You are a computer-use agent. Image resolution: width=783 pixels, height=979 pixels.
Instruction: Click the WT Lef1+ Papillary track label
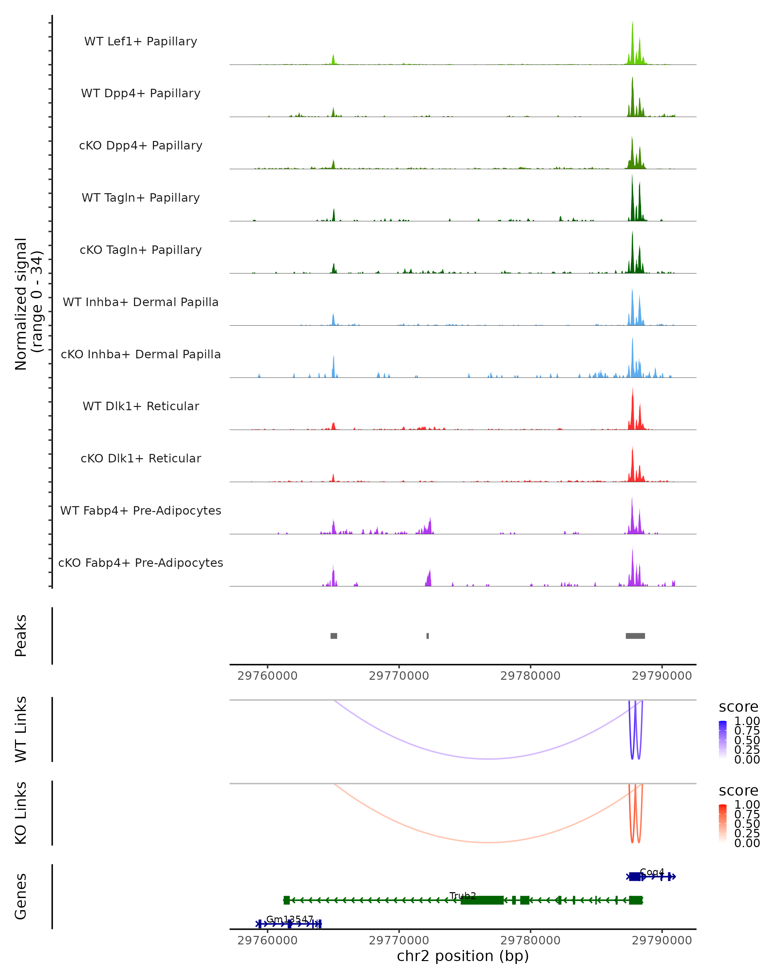click(x=141, y=41)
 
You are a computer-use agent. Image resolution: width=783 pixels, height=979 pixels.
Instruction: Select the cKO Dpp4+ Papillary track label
click(x=141, y=145)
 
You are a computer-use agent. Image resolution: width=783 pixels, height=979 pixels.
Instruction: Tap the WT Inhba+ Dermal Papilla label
click(x=141, y=302)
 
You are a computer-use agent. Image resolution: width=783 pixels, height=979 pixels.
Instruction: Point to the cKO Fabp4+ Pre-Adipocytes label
click(x=141, y=563)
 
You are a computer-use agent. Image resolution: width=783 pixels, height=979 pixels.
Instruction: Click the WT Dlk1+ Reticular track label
click(x=141, y=406)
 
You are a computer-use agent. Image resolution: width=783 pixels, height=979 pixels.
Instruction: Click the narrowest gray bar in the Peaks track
click(x=428, y=636)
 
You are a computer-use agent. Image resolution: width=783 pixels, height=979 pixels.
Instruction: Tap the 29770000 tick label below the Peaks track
click(x=399, y=676)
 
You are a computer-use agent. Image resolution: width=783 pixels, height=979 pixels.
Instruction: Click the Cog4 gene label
click(x=652, y=872)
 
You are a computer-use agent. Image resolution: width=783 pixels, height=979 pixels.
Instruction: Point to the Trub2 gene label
click(x=463, y=895)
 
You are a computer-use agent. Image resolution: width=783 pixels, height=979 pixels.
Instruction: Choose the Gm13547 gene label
click(x=290, y=919)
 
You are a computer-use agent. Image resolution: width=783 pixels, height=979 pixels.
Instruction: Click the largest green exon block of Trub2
click(x=482, y=900)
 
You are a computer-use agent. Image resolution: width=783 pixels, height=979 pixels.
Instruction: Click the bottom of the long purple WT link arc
click(x=488, y=759)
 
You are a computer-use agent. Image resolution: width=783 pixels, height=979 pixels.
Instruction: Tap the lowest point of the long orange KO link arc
click(x=488, y=842)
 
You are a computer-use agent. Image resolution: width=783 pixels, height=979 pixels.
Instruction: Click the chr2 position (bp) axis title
click(x=463, y=956)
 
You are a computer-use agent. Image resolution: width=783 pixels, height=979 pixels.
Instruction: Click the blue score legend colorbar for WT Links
click(x=723, y=740)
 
